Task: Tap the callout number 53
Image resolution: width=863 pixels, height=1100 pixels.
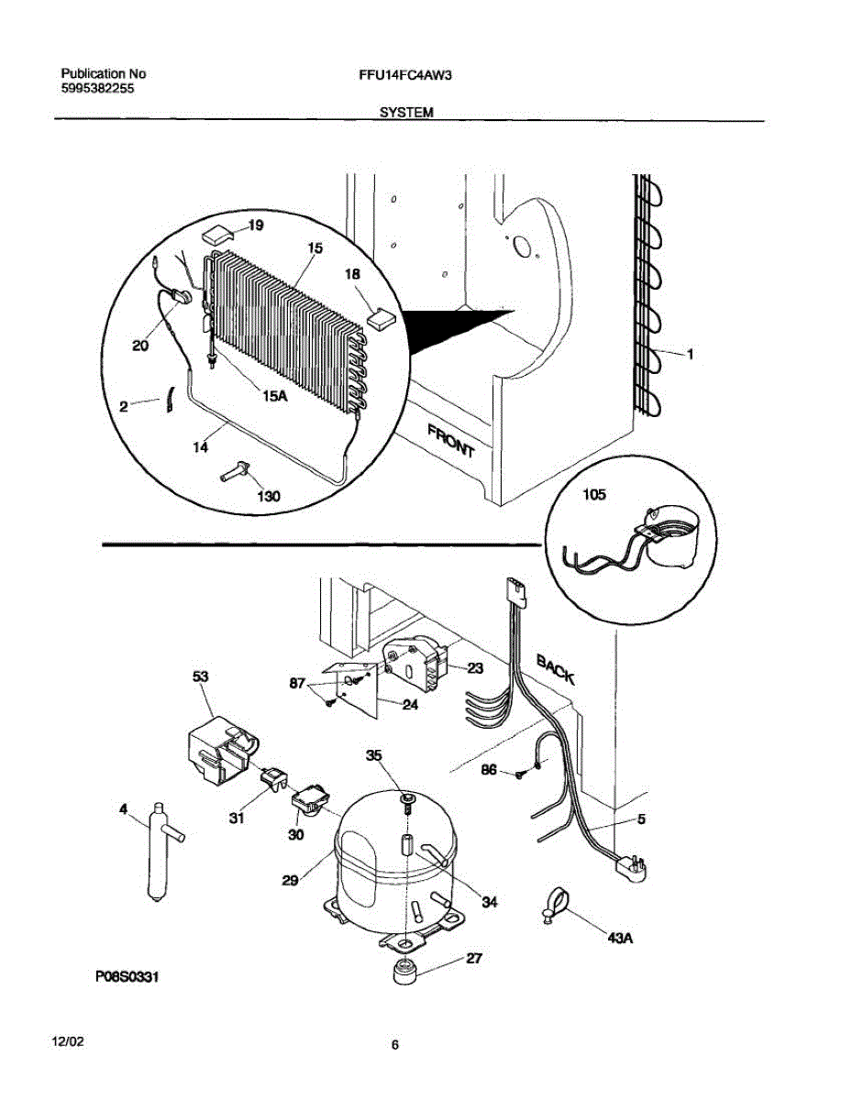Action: coord(200,676)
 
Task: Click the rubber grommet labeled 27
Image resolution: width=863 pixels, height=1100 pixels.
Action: coord(404,973)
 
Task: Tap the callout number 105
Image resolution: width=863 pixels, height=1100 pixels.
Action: coord(594,495)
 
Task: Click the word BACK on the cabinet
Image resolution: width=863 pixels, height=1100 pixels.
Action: coord(556,669)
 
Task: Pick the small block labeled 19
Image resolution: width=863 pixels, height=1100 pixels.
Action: coord(218,235)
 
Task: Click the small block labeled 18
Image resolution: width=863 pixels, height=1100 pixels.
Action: coord(378,316)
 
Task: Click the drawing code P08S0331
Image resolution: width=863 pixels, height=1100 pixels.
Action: coord(127,978)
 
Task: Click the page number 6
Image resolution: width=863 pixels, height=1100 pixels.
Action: coord(394,1044)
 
